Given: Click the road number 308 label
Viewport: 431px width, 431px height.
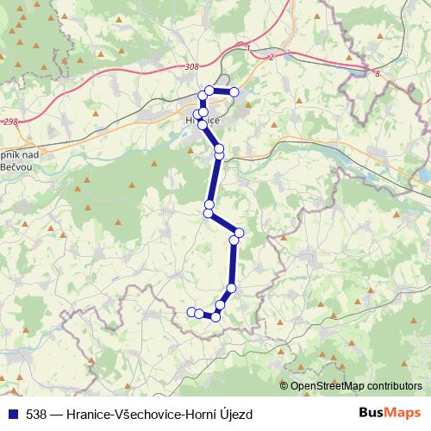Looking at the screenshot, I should [191, 66].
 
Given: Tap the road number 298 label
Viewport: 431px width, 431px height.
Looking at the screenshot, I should [10, 122].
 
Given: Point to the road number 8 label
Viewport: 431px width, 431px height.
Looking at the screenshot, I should [378, 75].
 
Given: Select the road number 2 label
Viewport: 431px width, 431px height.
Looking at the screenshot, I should [272, 57].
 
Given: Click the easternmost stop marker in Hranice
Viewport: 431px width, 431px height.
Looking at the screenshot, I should [234, 92].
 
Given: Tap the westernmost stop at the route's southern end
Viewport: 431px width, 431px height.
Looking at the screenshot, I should [191, 311].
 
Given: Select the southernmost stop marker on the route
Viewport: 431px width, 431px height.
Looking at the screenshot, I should [215, 317].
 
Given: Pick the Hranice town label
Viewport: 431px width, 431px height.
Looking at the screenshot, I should [203, 122].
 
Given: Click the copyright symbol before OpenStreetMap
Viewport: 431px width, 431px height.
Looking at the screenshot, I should [284, 385].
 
